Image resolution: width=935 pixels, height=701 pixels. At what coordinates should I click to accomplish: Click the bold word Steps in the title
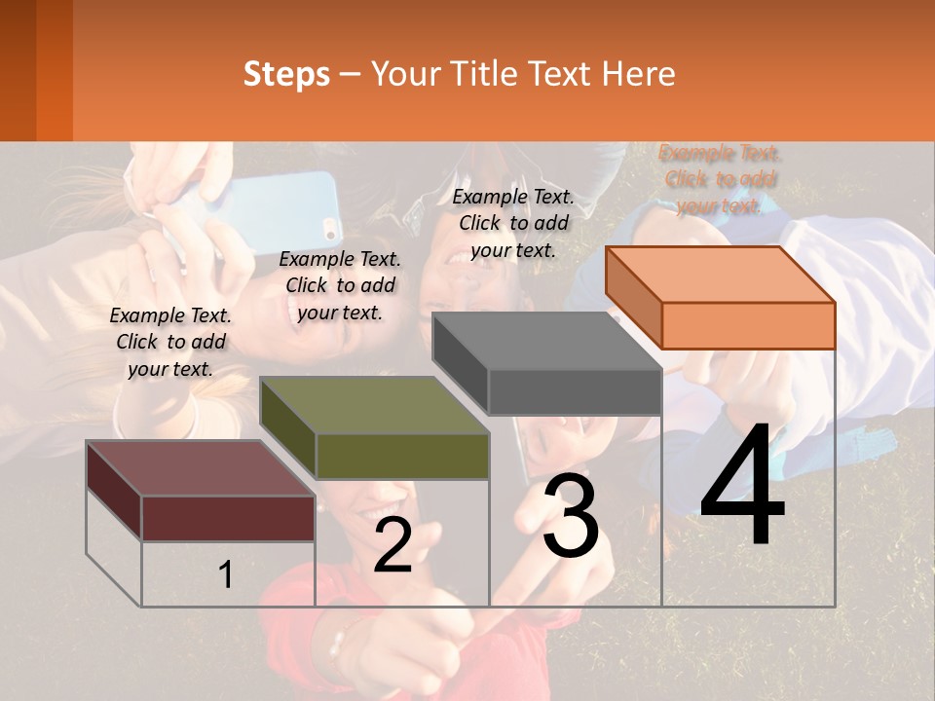[286, 74]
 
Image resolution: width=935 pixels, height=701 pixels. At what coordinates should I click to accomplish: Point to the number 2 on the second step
[393, 546]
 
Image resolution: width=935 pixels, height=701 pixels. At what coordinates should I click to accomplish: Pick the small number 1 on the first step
[226, 575]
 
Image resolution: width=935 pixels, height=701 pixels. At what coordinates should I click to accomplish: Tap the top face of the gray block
[546, 341]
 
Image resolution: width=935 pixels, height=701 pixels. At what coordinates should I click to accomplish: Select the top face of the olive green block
[374, 405]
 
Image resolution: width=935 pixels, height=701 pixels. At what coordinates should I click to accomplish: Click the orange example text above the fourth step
[720, 179]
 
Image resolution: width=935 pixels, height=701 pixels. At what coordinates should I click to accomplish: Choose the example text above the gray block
[513, 223]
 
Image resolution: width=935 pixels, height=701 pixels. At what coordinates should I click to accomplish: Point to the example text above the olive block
[340, 285]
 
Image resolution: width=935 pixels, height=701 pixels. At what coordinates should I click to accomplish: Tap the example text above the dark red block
[170, 342]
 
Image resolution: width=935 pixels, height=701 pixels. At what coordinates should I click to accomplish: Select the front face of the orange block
[748, 325]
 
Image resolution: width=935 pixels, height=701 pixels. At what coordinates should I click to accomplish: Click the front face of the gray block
[575, 391]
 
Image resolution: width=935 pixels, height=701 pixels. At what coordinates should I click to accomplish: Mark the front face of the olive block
[402, 456]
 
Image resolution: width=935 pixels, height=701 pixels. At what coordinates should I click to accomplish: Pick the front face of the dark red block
[228, 518]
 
